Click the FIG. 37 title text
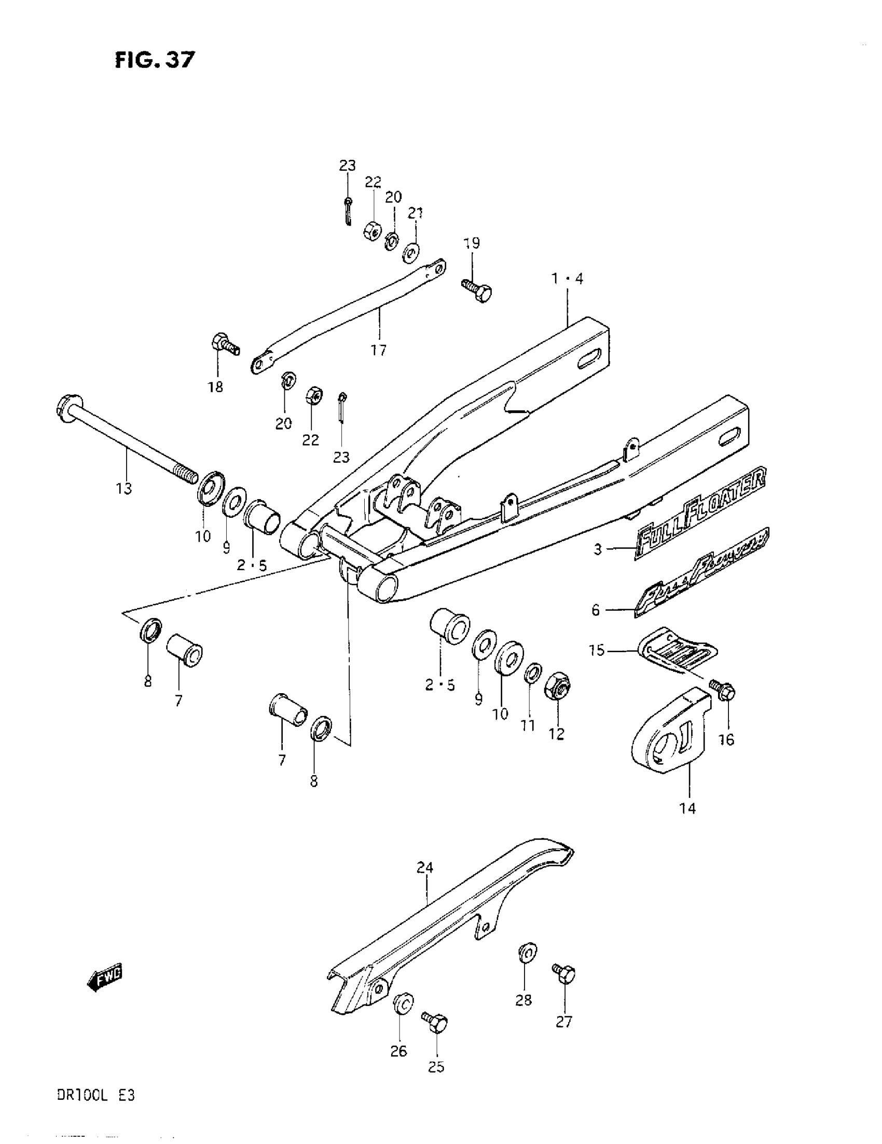(155, 60)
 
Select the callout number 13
(124, 488)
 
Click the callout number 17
(378, 350)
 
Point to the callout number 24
(425, 868)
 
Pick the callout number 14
(687, 809)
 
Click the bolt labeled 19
(477, 290)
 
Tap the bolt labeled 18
(225, 344)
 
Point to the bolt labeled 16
(723, 691)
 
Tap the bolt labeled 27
(564, 973)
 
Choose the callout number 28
(523, 1000)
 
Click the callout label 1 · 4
(567, 279)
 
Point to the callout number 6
(595, 610)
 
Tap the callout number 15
(597, 650)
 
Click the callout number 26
(398, 1051)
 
